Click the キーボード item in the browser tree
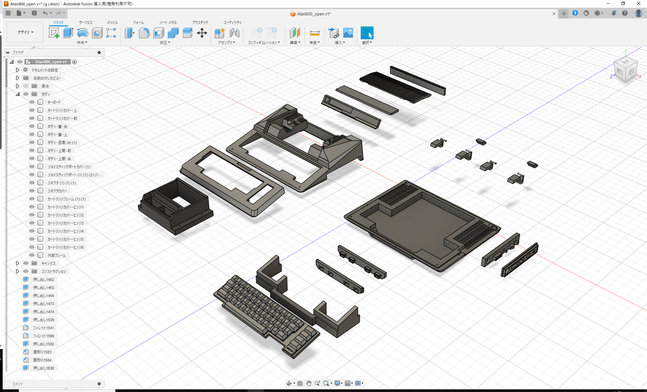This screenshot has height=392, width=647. (x=54, y=102)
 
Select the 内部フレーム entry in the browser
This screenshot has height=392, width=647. (x=56, y=255)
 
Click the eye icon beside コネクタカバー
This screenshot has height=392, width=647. (x=32, y=191)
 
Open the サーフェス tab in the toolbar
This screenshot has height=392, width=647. (x=86, y=22)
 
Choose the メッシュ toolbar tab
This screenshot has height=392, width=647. (x=112, y=22)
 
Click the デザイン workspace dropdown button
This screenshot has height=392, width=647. (x=25, y=32)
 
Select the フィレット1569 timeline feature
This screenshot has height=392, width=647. (x=43, y=336)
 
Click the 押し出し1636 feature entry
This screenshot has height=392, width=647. (x=43, y=368)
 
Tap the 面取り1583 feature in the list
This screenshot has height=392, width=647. (x=42, y=352)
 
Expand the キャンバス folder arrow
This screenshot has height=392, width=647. (x=18, y=263)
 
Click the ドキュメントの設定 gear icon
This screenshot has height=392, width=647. (x=26, y=70)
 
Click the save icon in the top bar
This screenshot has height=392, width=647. (x=34, y=13)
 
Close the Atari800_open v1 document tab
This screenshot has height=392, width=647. (x=554, y=14)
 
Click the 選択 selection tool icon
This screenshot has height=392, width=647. (x=367, y=33)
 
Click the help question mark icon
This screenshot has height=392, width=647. (x=625, y=13)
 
